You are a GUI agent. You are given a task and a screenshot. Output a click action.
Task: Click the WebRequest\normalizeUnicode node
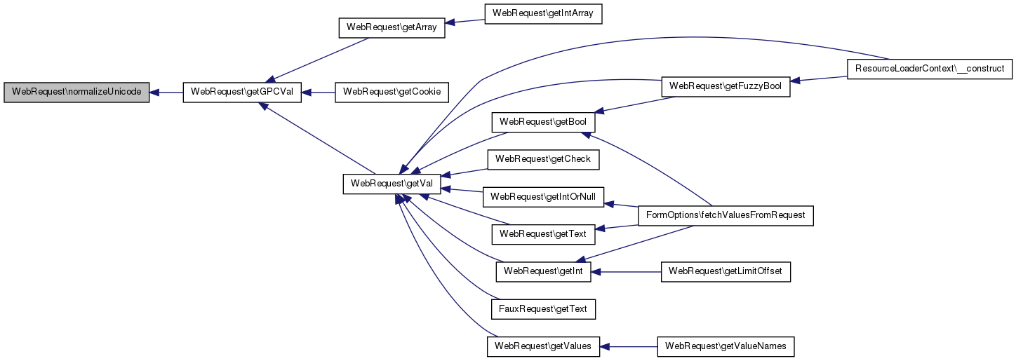click(76, 93)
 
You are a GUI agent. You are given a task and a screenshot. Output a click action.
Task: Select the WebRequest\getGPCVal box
click(242, 93)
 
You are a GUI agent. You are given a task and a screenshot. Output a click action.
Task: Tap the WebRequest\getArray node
click(392, 28)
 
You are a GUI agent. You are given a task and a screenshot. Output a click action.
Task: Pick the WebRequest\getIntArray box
click(544, 13)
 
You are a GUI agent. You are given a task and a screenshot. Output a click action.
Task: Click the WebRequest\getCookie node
click(392, 93)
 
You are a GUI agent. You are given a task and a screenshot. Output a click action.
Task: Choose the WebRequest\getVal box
click(392, 184)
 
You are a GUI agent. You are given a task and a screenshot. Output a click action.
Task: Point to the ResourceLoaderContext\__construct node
click(930, 69)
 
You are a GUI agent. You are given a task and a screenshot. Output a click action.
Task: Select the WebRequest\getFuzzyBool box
click(726, 86)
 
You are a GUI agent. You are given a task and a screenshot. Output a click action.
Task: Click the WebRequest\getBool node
click(543, 122)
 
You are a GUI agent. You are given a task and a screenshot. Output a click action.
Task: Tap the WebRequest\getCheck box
click(543, 159)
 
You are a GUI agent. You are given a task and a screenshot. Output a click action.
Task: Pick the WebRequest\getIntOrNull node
click(543, 197)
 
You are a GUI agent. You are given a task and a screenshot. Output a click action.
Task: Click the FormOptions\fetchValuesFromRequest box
click(725, 215)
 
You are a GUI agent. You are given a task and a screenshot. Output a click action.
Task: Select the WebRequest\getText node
click(543, 233)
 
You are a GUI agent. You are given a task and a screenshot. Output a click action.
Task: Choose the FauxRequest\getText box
click(543, 308)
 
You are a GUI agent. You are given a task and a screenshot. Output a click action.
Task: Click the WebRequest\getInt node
click(543, 271)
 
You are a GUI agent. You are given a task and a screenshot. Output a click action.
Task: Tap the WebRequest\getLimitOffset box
click(726, 271)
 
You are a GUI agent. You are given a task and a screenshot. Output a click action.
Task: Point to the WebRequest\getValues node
click(543, 346)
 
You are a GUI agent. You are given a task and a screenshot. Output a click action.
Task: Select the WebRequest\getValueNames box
click(726, 346)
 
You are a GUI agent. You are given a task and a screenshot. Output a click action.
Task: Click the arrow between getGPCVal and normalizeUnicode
click(166, 93)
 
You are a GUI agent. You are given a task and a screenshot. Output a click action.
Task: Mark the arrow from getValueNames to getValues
click(629, 346)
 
